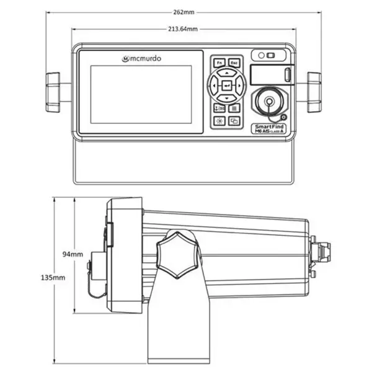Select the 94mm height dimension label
click(73, 254)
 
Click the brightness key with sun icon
click(219, 121)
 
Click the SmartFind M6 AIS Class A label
click(269, 128)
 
